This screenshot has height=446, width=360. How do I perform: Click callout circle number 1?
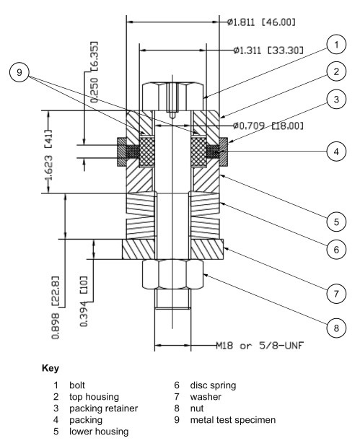pyautogui.click(x=335, y=46)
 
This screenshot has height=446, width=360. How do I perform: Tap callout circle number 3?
pyautogui.click(x=335, y=100)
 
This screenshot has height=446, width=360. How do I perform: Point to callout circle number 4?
pyautogui.click(x=335, y=152)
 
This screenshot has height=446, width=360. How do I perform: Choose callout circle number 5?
pyautogui.click(x=335, y=218)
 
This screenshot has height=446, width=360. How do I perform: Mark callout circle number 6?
pyautogui.click(x=335, y=248)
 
